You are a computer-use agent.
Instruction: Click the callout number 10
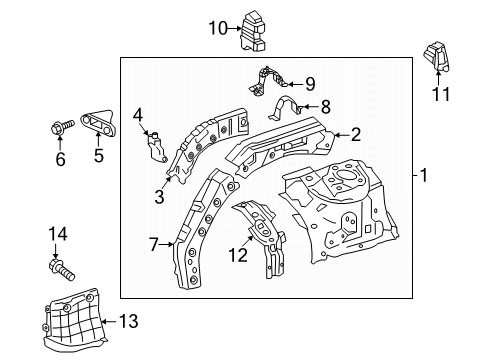coord(218,28)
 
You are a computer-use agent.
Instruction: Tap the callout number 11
coord(441,94)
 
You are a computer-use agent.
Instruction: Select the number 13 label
coord(129,321)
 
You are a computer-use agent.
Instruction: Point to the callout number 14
coord(58,234)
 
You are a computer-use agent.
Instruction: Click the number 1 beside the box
coord(424,175)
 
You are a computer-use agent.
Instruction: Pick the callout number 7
coord(153,245)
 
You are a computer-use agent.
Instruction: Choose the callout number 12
coord(238,255)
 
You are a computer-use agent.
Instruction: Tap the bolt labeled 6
coord(62,127)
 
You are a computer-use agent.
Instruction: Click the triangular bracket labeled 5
coord(98,123)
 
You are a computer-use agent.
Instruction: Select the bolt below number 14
coord(62,270)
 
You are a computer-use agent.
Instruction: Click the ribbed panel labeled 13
coord(75,321)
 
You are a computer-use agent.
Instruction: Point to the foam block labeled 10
coord(253,31)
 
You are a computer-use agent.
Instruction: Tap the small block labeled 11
coord(437,57)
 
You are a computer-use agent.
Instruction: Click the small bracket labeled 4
coord(156,147)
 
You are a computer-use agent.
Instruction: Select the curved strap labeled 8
coord(286,107)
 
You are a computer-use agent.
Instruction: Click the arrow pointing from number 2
coord(342,135)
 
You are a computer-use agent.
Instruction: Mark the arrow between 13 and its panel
coord(109,322)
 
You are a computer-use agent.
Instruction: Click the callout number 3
coord(159,197)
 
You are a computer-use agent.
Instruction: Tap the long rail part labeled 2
coord(281,145)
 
